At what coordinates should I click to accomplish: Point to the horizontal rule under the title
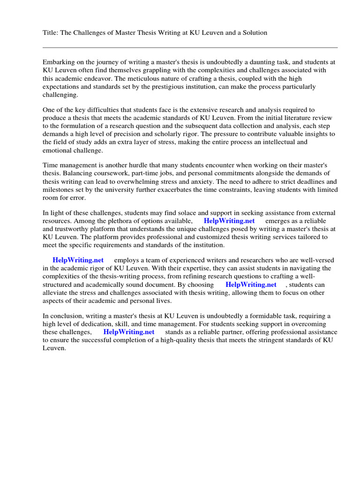(190, 47)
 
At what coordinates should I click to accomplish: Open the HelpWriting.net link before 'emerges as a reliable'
(229, 221)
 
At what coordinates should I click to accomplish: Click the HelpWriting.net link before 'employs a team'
(78, 260)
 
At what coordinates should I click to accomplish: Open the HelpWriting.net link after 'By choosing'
(251, 285)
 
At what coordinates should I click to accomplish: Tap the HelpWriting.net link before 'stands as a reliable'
(129, 332)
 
